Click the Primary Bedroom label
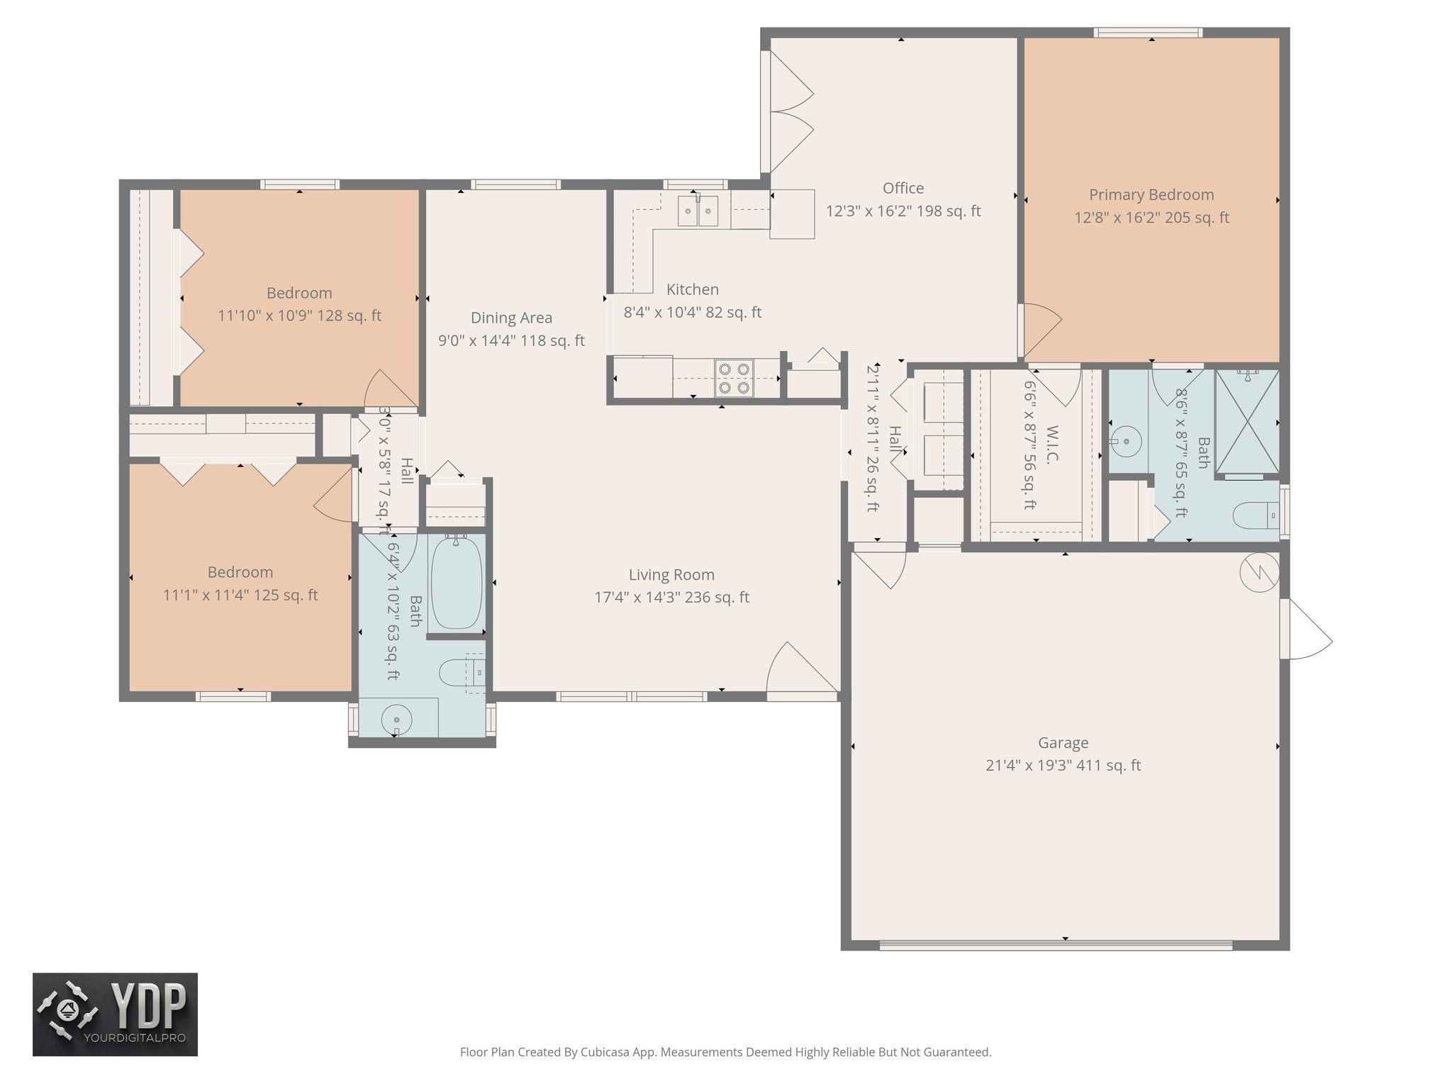pyautogui.click(x=1151, y=195)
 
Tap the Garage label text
pyautogui.click(x=1063, y=743)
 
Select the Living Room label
pyautogui.click(x=671, y=575)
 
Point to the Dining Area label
pyautogui.click(x=511, y=318)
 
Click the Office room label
pyautogui.click(x=903, y=188)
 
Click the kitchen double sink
pyautogui.click(x=698, y=211)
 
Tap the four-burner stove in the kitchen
pyautogui.click(x=734, y=378)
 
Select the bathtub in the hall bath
pyautogui.click(x=457, y=583)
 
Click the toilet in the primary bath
pyautogui.click(x=1256, y=515)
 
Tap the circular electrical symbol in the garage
pyautogui.click(x=1259, y=571)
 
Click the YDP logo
pyautogui.click(x=115, y=1015)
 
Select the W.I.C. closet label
pyautogui.click(x=1051, y=445)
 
